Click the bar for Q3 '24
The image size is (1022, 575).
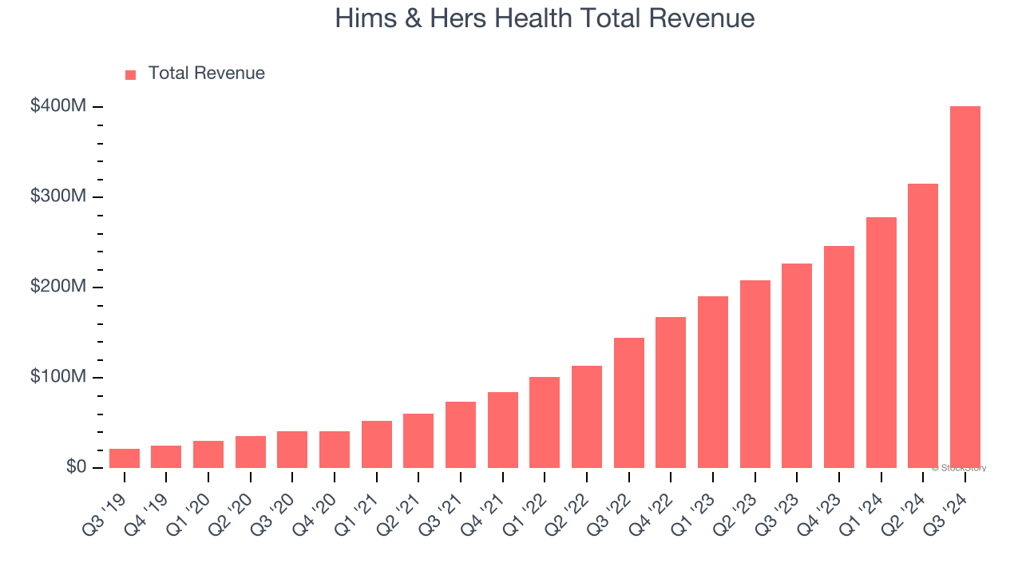tap(965, 287)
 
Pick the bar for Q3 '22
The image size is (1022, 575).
tap(629, 402)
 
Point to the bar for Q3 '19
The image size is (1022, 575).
tap(125, 458)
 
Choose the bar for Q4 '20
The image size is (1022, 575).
tap(335, 450)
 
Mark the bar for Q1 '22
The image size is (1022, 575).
tap(545, 422)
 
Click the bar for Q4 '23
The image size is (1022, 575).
tap(839, 357)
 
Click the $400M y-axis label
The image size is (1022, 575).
tap(58, 106)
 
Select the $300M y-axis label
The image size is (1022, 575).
tap(58, 196)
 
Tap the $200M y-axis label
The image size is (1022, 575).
tap(58, 287)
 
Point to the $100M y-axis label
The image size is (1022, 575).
tap(58, 377)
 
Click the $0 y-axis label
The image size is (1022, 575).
tap(76, 467)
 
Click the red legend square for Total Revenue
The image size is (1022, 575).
tap(131, 74)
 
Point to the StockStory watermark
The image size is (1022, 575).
tap(960, 468)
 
